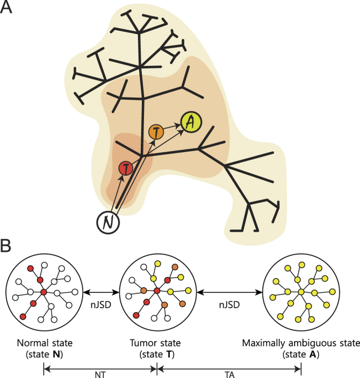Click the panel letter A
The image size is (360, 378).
[8, 9]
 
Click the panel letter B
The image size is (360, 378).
[8, 246]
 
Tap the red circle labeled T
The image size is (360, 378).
[125, 168]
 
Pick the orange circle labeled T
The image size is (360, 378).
[156, 132]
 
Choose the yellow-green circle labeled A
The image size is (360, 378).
[191, 122]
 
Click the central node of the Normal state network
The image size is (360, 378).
[44, 292]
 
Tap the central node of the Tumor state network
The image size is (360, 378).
[156, 292]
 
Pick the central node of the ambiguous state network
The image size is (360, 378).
[300, 292]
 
